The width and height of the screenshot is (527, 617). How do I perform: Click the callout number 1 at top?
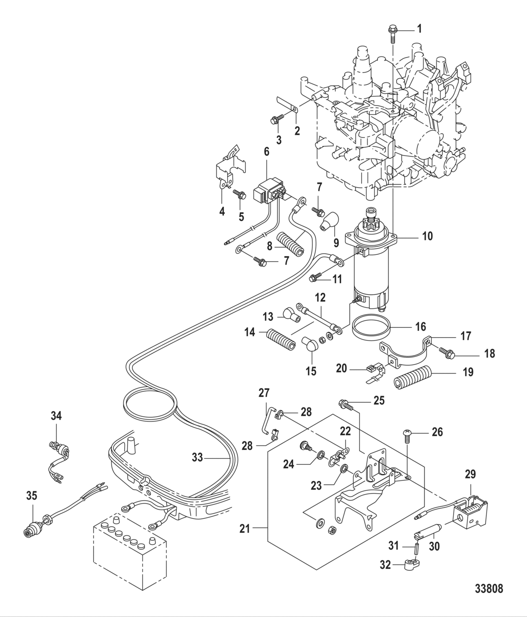point(419,28)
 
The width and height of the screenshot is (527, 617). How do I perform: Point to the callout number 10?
point(427,235)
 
